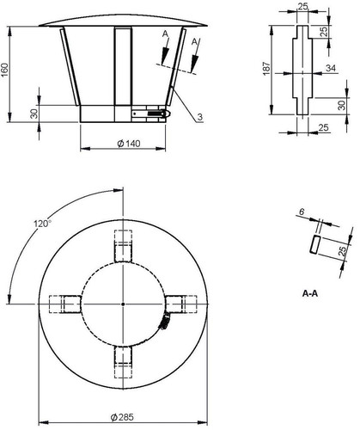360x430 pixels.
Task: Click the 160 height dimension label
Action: click(5, 70)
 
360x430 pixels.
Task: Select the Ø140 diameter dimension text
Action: click(129, 144)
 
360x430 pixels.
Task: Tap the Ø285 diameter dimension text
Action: click(122, 417)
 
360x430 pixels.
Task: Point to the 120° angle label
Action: click(43, 224)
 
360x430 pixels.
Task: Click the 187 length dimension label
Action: click(266, 69)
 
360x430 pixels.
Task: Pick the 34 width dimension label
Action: click(331, 68)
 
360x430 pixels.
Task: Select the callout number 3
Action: click(200, 117)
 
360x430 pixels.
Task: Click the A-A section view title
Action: click(310, 293)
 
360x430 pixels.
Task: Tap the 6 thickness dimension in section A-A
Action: click(302, 212)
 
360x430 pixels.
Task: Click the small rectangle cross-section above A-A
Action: click(314, 244)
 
